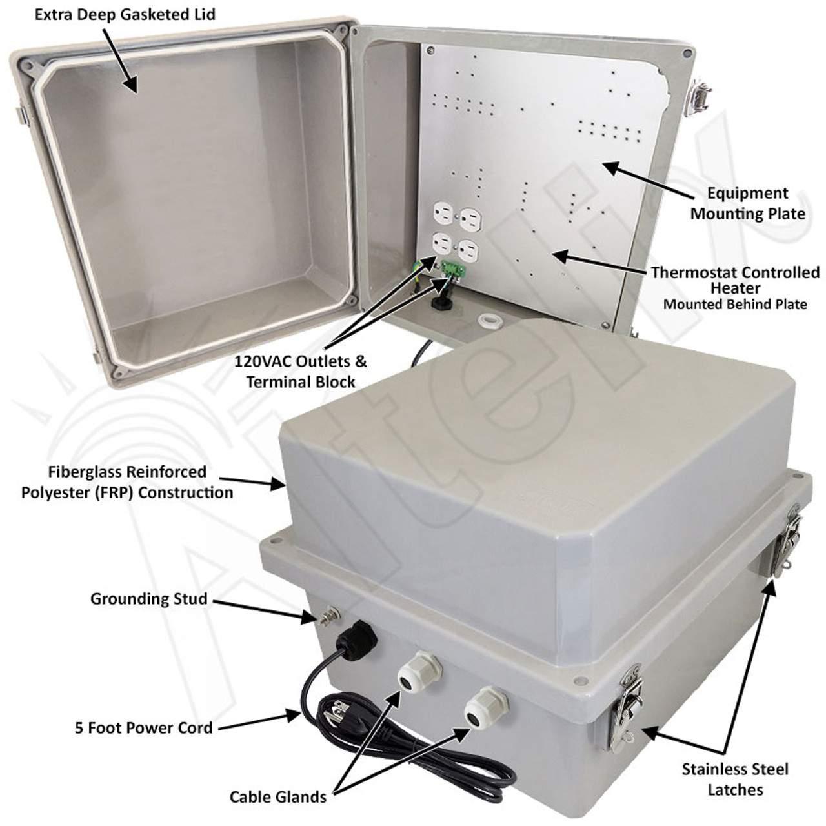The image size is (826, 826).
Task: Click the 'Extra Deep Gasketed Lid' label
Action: pos(125,15)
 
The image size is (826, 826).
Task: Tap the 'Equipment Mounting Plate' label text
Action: pos(747,203)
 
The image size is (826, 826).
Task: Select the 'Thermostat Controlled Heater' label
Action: pos(735,280)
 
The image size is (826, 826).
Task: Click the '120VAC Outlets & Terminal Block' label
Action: pos(301,371)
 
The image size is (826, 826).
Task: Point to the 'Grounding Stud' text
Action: pos(148,598)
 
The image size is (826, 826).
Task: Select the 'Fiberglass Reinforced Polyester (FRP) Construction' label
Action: pos(127,482)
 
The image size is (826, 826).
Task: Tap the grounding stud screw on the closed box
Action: pos(330,616)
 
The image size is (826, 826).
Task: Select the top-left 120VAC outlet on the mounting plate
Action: pos(443,211)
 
